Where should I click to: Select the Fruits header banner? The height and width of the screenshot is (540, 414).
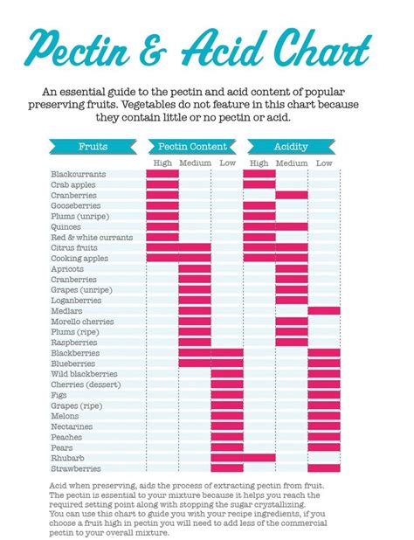93,147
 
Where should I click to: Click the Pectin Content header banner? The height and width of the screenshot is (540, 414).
194,147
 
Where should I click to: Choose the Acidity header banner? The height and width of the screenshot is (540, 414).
291,147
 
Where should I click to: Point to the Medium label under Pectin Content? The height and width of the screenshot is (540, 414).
195,163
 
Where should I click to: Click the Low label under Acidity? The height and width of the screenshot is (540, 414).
324,163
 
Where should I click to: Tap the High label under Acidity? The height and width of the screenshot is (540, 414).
259,163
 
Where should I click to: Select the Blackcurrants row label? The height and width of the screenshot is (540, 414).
79,175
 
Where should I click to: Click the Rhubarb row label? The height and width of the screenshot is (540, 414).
69,458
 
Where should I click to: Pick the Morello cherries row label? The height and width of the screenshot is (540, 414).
82,322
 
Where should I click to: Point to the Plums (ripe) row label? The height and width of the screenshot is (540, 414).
76,332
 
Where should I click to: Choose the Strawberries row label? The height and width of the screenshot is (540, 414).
77,468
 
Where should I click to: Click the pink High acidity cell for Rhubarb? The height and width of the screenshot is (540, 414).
259,458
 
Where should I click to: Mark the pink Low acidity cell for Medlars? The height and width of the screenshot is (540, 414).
324,311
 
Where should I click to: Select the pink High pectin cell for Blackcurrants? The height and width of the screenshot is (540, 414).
162,175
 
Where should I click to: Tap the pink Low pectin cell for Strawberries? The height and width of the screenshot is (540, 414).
227,468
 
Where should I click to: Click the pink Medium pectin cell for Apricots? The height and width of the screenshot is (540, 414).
195,269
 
